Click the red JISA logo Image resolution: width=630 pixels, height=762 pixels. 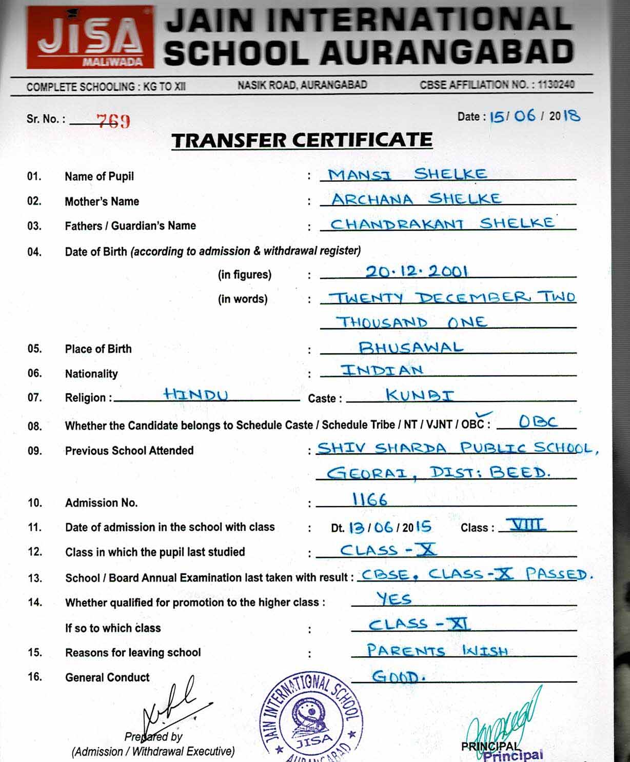(x=90, y=38)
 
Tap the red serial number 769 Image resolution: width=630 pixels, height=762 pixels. (x=113, y=121)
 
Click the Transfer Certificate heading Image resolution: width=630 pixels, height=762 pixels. (x=302, y=140)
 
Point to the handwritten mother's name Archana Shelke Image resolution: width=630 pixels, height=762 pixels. (x=416, y=199)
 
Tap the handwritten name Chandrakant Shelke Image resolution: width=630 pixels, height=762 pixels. (x=442, y=224)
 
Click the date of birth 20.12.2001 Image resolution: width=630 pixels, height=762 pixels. (x=416, y=271)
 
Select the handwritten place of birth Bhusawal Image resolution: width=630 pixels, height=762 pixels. (x=411, y=348)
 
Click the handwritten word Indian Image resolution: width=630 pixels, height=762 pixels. (x=382, y=370)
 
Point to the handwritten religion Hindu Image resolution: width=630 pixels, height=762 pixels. (x=195, y=394)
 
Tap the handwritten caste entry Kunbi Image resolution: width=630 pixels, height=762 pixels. (x=420, y=395)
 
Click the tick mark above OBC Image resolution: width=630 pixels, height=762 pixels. (x=484, y=414)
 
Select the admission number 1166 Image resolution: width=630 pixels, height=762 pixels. (x=369, y=499)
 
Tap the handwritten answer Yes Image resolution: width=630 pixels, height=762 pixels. (x=393, y=598)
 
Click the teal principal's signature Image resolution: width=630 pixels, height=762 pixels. (x=505, y=723)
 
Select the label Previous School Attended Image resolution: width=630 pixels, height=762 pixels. (x=129, y=451)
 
